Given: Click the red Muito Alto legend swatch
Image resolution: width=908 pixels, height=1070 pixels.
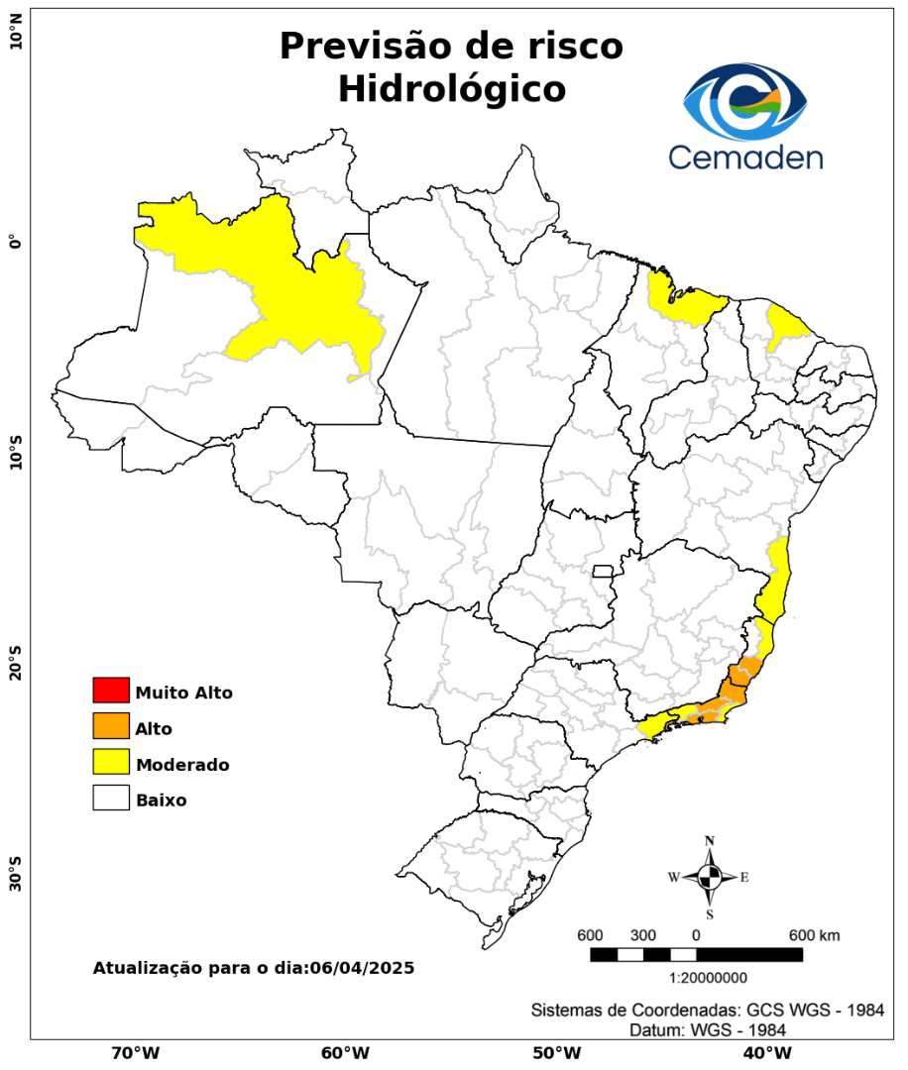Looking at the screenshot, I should [x=111, y=690].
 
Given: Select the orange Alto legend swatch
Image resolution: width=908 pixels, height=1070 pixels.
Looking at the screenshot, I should [x=111, y=726].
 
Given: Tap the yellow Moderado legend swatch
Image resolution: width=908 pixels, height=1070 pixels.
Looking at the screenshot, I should [x=111, y=762].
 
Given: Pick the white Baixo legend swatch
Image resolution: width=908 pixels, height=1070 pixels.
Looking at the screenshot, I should [x=111, y=798].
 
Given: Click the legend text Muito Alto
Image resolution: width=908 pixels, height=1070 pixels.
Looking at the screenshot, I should [x=183, y=693].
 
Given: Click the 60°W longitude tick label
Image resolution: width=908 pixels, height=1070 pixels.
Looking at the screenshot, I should [x=345, y=1052].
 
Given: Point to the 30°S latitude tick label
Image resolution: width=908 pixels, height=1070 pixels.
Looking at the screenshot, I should [x=16, y=876].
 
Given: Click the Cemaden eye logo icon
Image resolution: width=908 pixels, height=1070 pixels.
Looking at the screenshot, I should [x=745, y=102].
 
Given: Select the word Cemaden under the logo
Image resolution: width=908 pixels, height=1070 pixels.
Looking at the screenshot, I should [x=744, y=157].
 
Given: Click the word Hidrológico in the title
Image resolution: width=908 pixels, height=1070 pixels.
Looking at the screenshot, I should [x=451, y=88].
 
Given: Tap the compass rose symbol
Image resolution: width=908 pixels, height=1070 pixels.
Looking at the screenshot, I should [x=709, y=877].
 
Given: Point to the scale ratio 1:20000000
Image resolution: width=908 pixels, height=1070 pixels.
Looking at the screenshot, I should [x=709, y=978].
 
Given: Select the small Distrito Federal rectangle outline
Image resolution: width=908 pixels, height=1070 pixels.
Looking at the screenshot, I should [x=603, y=571].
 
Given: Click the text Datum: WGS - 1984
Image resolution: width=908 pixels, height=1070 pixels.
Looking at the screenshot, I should [x=708, y=1030].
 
